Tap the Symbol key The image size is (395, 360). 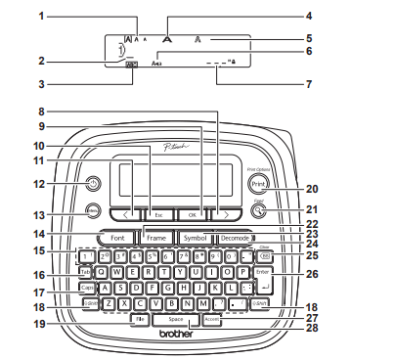click(194, 238)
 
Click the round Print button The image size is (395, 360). click(258, 183)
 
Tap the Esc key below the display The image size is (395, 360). click(157, 213)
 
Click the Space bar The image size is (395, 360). click(176, 319)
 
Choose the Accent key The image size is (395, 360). click(213, 319)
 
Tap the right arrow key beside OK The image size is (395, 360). click(226, 213)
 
